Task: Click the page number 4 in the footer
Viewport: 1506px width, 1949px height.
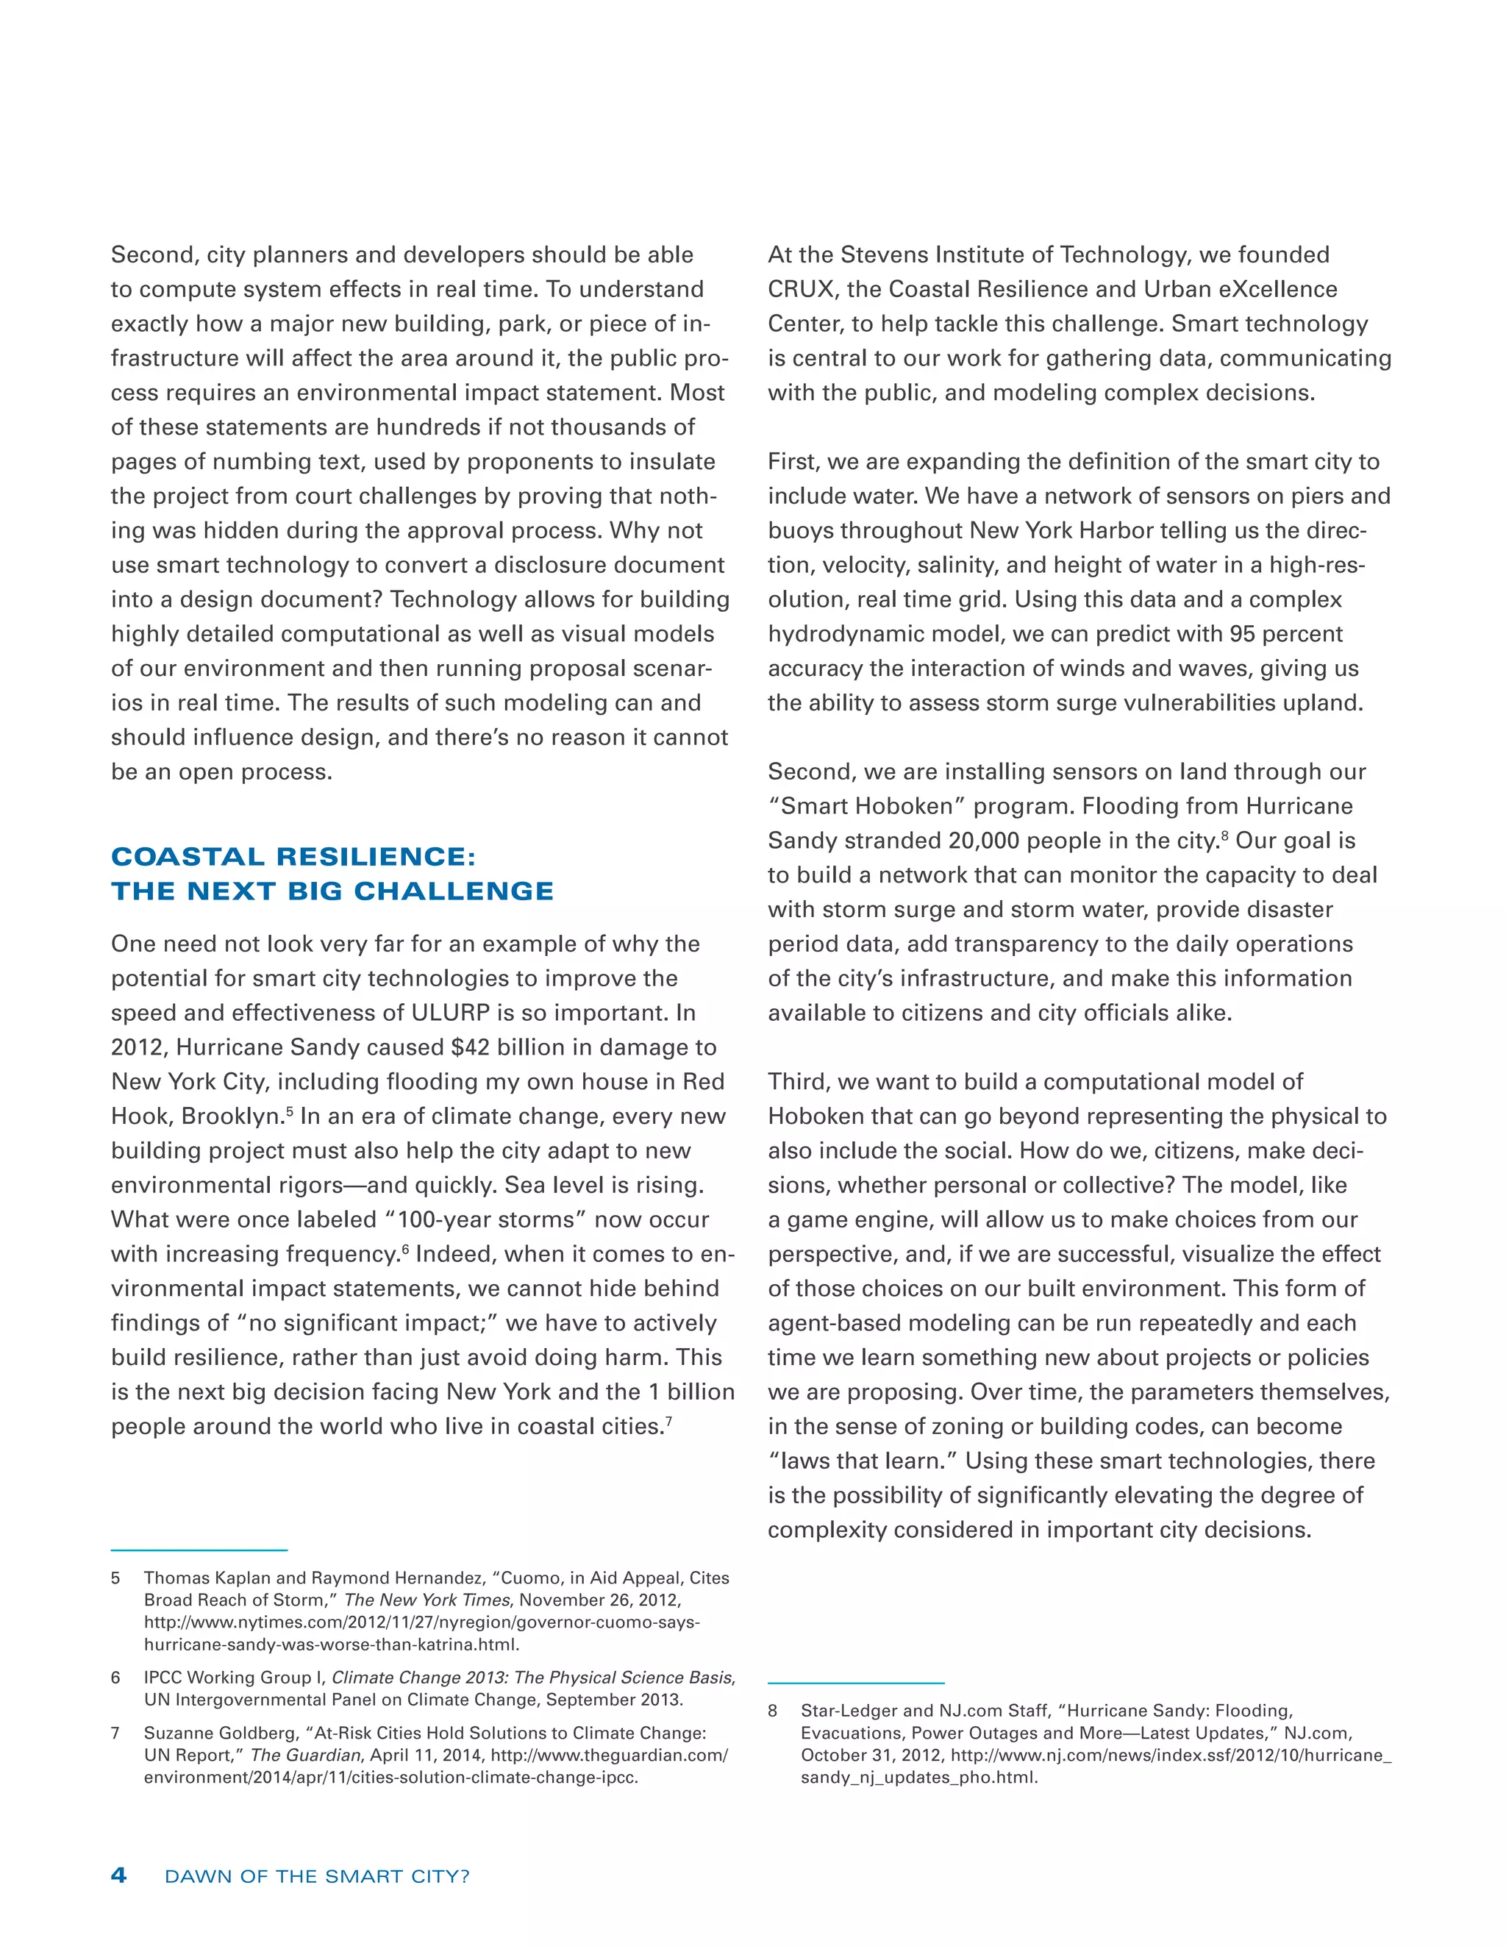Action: (118, 1875)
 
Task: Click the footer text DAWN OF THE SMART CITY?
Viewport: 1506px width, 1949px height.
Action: (317, 1877)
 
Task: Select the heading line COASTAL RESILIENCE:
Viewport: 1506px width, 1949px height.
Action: (293, 857)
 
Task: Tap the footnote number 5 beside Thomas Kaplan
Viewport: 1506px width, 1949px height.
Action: (116, 1578)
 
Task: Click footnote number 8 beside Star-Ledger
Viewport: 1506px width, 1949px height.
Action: (773, 1711)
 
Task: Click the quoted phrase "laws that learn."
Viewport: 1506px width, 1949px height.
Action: (863, 1461)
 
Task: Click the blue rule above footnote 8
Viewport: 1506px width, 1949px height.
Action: (856, 1682)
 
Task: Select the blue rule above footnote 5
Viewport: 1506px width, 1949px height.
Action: (199, 1550)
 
